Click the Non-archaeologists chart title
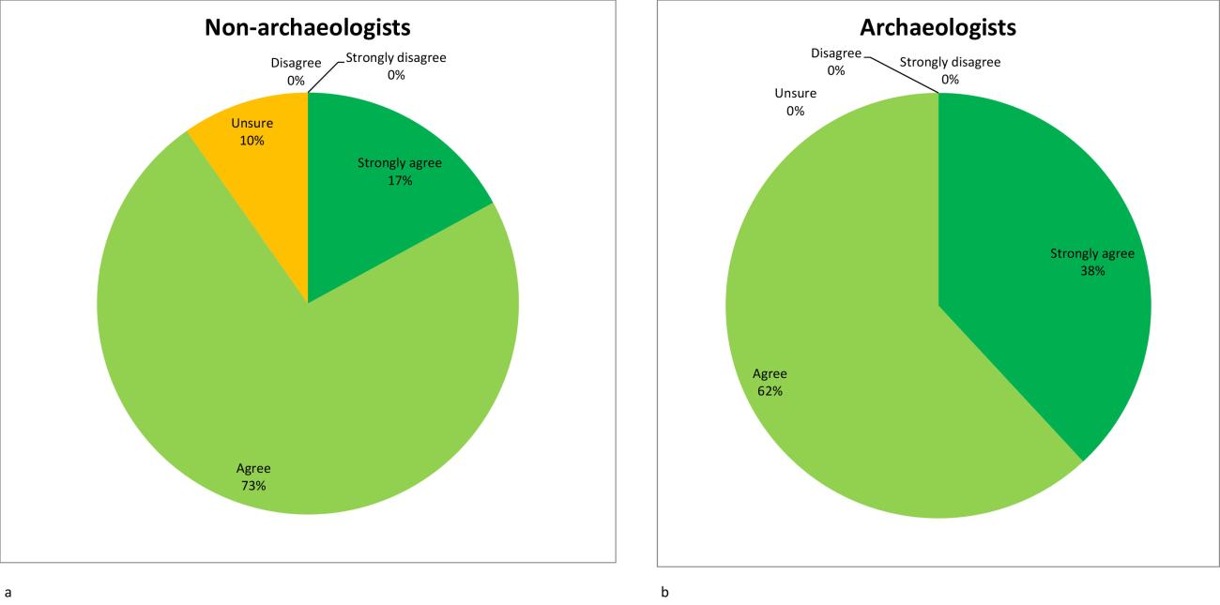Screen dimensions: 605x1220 pos(308,27)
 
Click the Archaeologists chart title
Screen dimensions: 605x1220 pos(938,27)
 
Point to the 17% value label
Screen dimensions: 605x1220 pos(399,180)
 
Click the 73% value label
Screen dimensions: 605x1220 pos(253,485)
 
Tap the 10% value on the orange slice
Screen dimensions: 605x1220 pos(252,141)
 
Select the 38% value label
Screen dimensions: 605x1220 pos(1092,270)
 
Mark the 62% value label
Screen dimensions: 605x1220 pos(770,390)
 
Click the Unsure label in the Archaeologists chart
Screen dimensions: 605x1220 pos(796,93)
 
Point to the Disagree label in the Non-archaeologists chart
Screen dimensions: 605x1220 pos(296,64)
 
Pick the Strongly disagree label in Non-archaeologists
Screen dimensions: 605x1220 pos(396,57)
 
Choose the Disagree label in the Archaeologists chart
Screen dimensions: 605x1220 pos(836,53)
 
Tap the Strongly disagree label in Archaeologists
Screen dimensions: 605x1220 pos(950,63)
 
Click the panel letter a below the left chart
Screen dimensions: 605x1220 pos(8,592)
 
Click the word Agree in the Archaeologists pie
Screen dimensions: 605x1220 pos(770,374)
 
